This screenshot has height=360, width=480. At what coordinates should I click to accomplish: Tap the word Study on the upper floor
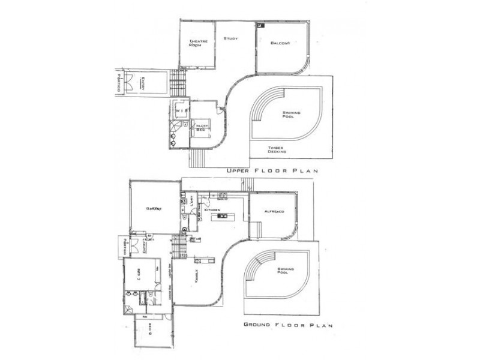point(231,39)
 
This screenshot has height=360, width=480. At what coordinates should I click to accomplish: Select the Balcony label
point(280,43)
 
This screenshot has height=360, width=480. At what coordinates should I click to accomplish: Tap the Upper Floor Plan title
point(271,172)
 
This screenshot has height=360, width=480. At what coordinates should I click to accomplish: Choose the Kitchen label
point(214,211)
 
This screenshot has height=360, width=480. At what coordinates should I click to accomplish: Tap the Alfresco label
point(273,213)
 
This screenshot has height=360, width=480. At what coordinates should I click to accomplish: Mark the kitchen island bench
point(229,215)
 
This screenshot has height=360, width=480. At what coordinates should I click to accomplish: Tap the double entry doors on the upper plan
point(133,85)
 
